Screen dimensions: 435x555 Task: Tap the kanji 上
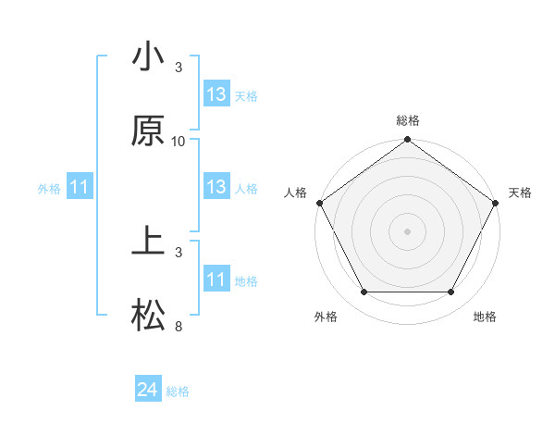point(148,243)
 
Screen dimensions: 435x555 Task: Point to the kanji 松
point(148,317)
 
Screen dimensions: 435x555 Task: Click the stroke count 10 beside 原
point(179,142)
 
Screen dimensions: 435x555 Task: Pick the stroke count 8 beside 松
point(179,327)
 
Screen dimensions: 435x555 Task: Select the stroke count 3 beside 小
point(179,68)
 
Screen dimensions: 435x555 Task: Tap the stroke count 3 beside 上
point(179,253)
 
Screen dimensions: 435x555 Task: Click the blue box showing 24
point(148,391)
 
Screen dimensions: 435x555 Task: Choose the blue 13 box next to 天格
point(216,94)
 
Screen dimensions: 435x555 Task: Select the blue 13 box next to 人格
point(216,187)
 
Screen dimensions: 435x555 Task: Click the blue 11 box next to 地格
point(216,280)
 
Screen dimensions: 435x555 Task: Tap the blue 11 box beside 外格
point(80,188)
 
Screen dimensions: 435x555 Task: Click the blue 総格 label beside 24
point(178,391)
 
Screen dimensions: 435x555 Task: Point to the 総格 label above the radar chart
point(408,120)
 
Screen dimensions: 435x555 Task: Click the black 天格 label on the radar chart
point(520,193)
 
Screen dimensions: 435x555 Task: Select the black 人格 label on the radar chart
point(295,193)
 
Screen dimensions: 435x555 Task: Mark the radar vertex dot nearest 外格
point(364,292)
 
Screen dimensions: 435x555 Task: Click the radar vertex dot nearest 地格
point(451,292)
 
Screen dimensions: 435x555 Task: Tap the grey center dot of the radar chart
point(408,231)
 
